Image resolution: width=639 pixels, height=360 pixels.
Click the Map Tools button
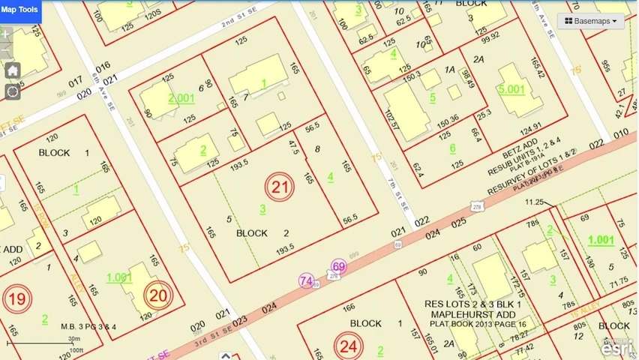point(19,9)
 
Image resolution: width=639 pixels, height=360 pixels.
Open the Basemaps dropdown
point(591,21)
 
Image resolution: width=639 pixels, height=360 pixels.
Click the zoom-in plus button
point(7,34)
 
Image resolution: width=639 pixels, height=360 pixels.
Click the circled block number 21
point(280,187)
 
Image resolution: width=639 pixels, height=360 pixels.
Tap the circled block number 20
point(158,295)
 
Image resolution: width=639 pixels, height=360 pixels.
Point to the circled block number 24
point(348,345)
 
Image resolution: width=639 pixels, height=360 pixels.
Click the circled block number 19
point(16,299)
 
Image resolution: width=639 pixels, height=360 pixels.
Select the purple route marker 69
point(339,267)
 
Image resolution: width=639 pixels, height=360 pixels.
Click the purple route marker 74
point(306,280)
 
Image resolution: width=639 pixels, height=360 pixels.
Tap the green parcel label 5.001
point(511,88)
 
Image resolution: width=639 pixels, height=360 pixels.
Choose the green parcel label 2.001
point(181,97)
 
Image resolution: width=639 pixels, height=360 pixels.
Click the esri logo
point(619,346)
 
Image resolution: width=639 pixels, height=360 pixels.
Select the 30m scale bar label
point(74,339)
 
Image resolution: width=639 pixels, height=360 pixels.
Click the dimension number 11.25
point(535,202)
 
